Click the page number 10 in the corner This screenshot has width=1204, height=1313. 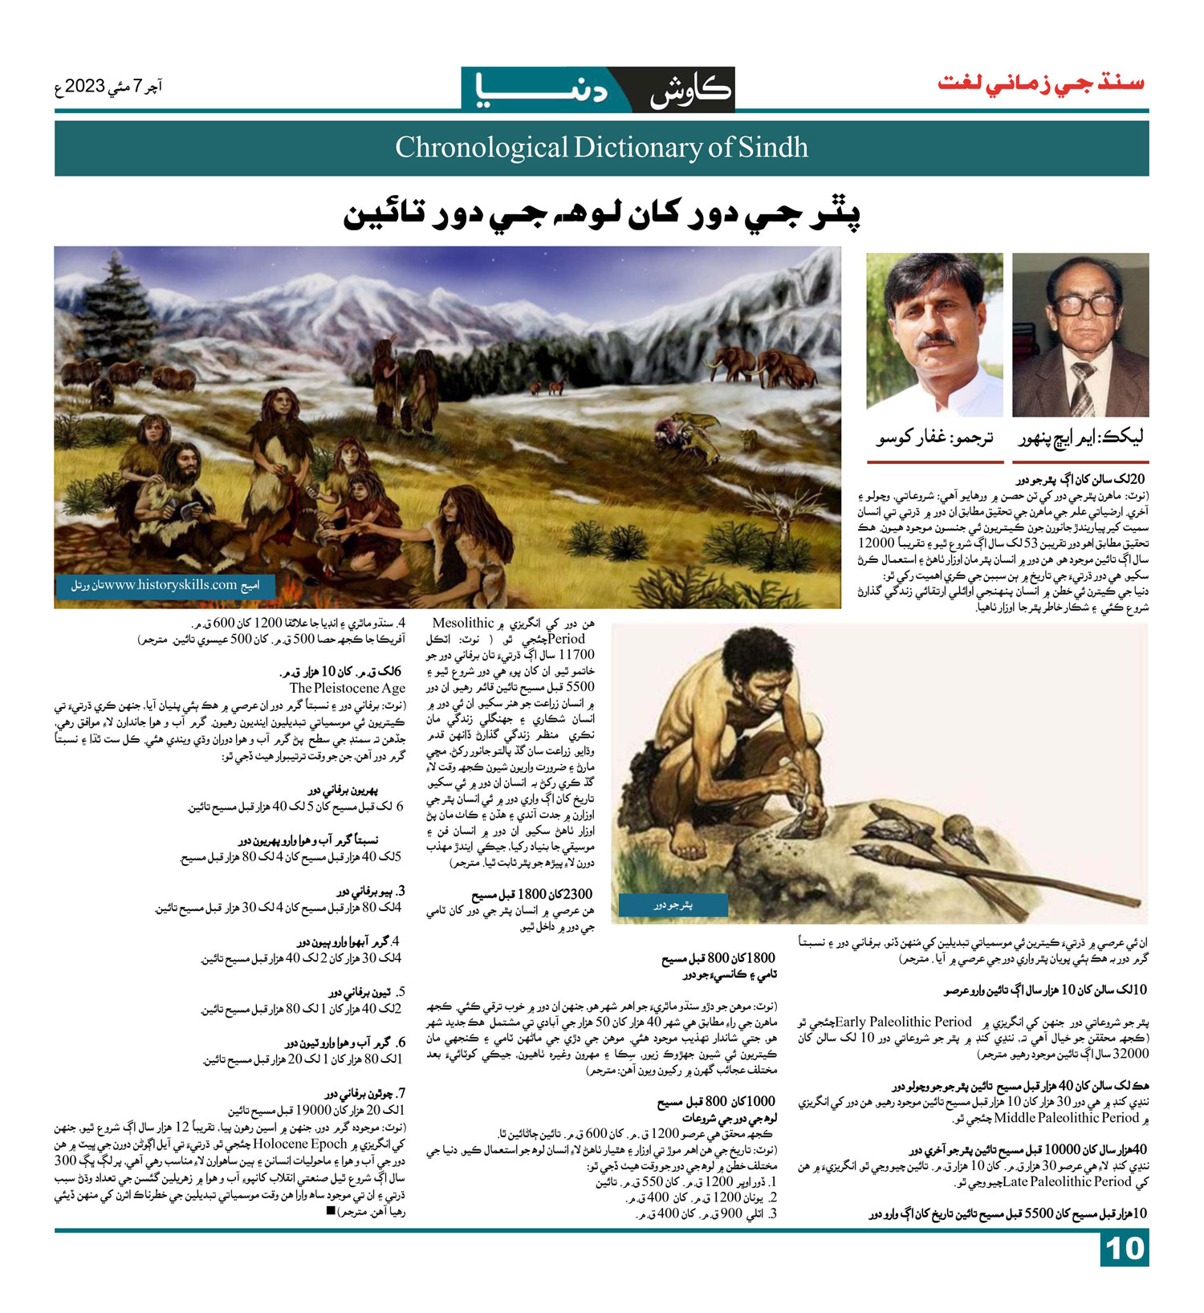(1124, 1249)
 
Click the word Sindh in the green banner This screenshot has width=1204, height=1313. (774, 148)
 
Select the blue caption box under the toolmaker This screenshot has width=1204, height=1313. (673, 904)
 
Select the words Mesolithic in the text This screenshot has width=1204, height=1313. (462, 623)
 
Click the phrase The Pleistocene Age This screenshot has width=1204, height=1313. (348, 688)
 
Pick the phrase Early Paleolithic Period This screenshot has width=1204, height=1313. (904, 1022)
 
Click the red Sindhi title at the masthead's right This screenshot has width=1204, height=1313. (1041, 83)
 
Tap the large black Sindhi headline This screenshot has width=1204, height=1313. (602, 214)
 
